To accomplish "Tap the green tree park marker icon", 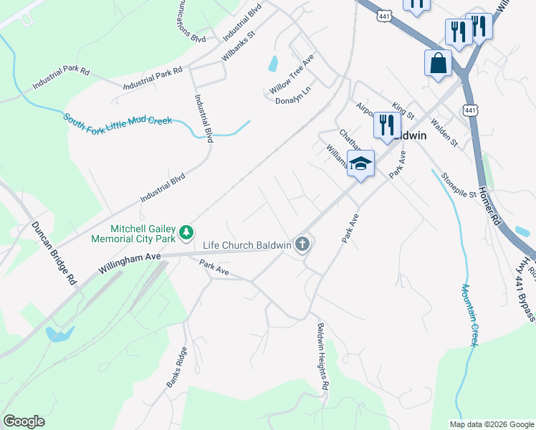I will (186, 231).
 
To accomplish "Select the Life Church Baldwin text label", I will (247, 245).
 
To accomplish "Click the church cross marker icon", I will (302, 245).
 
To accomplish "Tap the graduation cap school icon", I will (361, 163).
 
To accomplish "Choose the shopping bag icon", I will (438, 63).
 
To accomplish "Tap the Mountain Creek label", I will (469, 315).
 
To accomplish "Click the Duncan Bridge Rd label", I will (54, 254).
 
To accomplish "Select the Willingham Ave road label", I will (130, 265).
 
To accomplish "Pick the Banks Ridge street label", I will (177, 367).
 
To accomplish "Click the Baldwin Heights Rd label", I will (323, 355).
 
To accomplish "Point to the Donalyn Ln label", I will (293, 101).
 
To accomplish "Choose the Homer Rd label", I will (489, 203).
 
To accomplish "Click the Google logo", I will (24, 421).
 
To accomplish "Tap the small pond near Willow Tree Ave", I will (273, 64).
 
